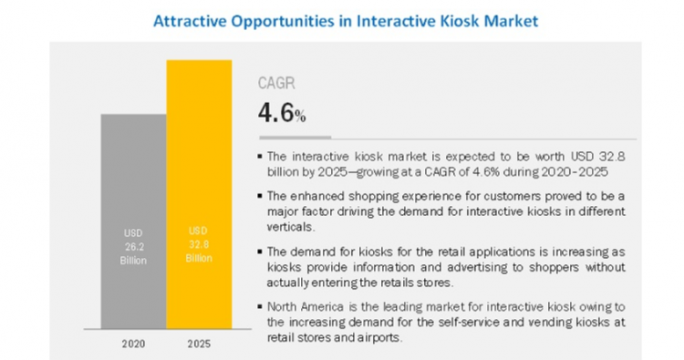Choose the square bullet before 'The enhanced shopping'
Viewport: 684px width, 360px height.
point(262,196)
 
